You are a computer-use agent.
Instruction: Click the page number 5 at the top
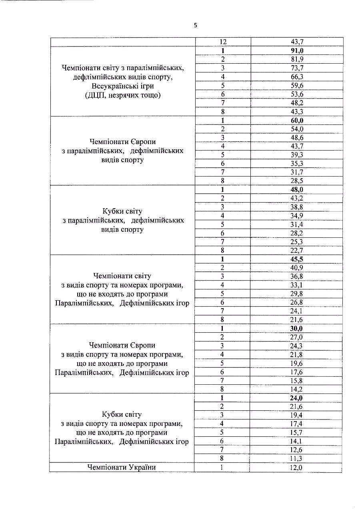[196, 25]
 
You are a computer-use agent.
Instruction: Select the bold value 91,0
[297, 50]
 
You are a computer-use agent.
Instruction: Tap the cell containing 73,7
[297, 68]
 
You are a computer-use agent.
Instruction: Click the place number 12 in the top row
[223, 42]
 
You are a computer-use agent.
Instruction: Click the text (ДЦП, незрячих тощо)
[123, 95]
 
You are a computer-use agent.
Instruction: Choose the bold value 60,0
[297, 120]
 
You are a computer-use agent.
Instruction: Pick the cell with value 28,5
[297, 181]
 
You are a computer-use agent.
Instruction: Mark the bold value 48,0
[297, 190]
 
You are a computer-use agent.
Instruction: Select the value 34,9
[297, 216]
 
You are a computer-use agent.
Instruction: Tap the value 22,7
[297, 251]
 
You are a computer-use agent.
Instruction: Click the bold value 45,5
[297, 259]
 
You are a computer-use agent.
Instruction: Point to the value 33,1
[296, 285]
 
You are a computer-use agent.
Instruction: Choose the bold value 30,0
[296, 329]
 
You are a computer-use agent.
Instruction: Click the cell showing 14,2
[296, 389]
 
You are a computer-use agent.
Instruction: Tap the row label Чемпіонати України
[122, 467]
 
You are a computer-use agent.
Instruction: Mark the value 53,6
[297, 94]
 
